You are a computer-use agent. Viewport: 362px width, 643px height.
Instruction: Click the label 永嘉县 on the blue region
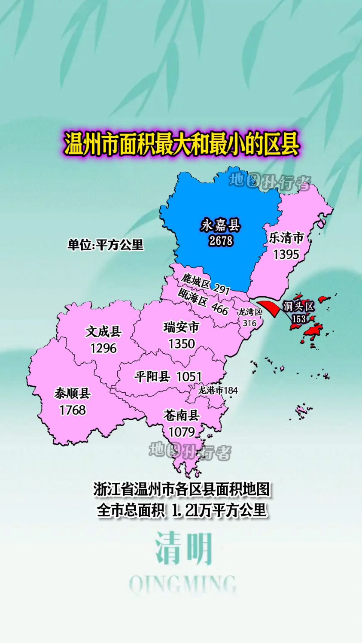click(221, 225)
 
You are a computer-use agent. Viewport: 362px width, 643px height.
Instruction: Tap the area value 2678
click(221, 240)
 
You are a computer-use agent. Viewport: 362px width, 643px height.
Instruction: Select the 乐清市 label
click(286, 238)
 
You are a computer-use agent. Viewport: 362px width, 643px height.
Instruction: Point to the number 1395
click(286, 254)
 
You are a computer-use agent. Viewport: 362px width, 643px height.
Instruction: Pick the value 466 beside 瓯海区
click(220, 309)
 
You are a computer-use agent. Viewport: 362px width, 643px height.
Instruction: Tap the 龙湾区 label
click(250, 312)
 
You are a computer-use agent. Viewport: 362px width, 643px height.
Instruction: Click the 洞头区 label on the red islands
click(299, 306)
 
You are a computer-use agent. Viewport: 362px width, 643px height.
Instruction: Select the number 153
click(299, 319)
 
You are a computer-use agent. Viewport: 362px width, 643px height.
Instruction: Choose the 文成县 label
click(103, 331)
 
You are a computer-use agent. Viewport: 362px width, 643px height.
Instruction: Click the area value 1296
click(103, 348)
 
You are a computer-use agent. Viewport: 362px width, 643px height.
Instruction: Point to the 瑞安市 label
click(182, 328)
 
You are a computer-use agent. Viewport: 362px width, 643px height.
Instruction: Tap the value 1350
click(182, 344)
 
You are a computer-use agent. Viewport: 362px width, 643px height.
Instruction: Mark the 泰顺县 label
click(73, 393)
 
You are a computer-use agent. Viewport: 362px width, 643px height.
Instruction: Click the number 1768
click(73, 410)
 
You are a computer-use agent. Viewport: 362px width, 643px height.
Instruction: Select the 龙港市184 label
click(218, 390)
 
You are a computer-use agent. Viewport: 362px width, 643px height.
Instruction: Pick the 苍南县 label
click(182, 415)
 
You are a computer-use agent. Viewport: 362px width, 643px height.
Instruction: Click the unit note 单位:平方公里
click(106, 245)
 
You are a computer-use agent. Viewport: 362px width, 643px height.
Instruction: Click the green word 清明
click(184, 548)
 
